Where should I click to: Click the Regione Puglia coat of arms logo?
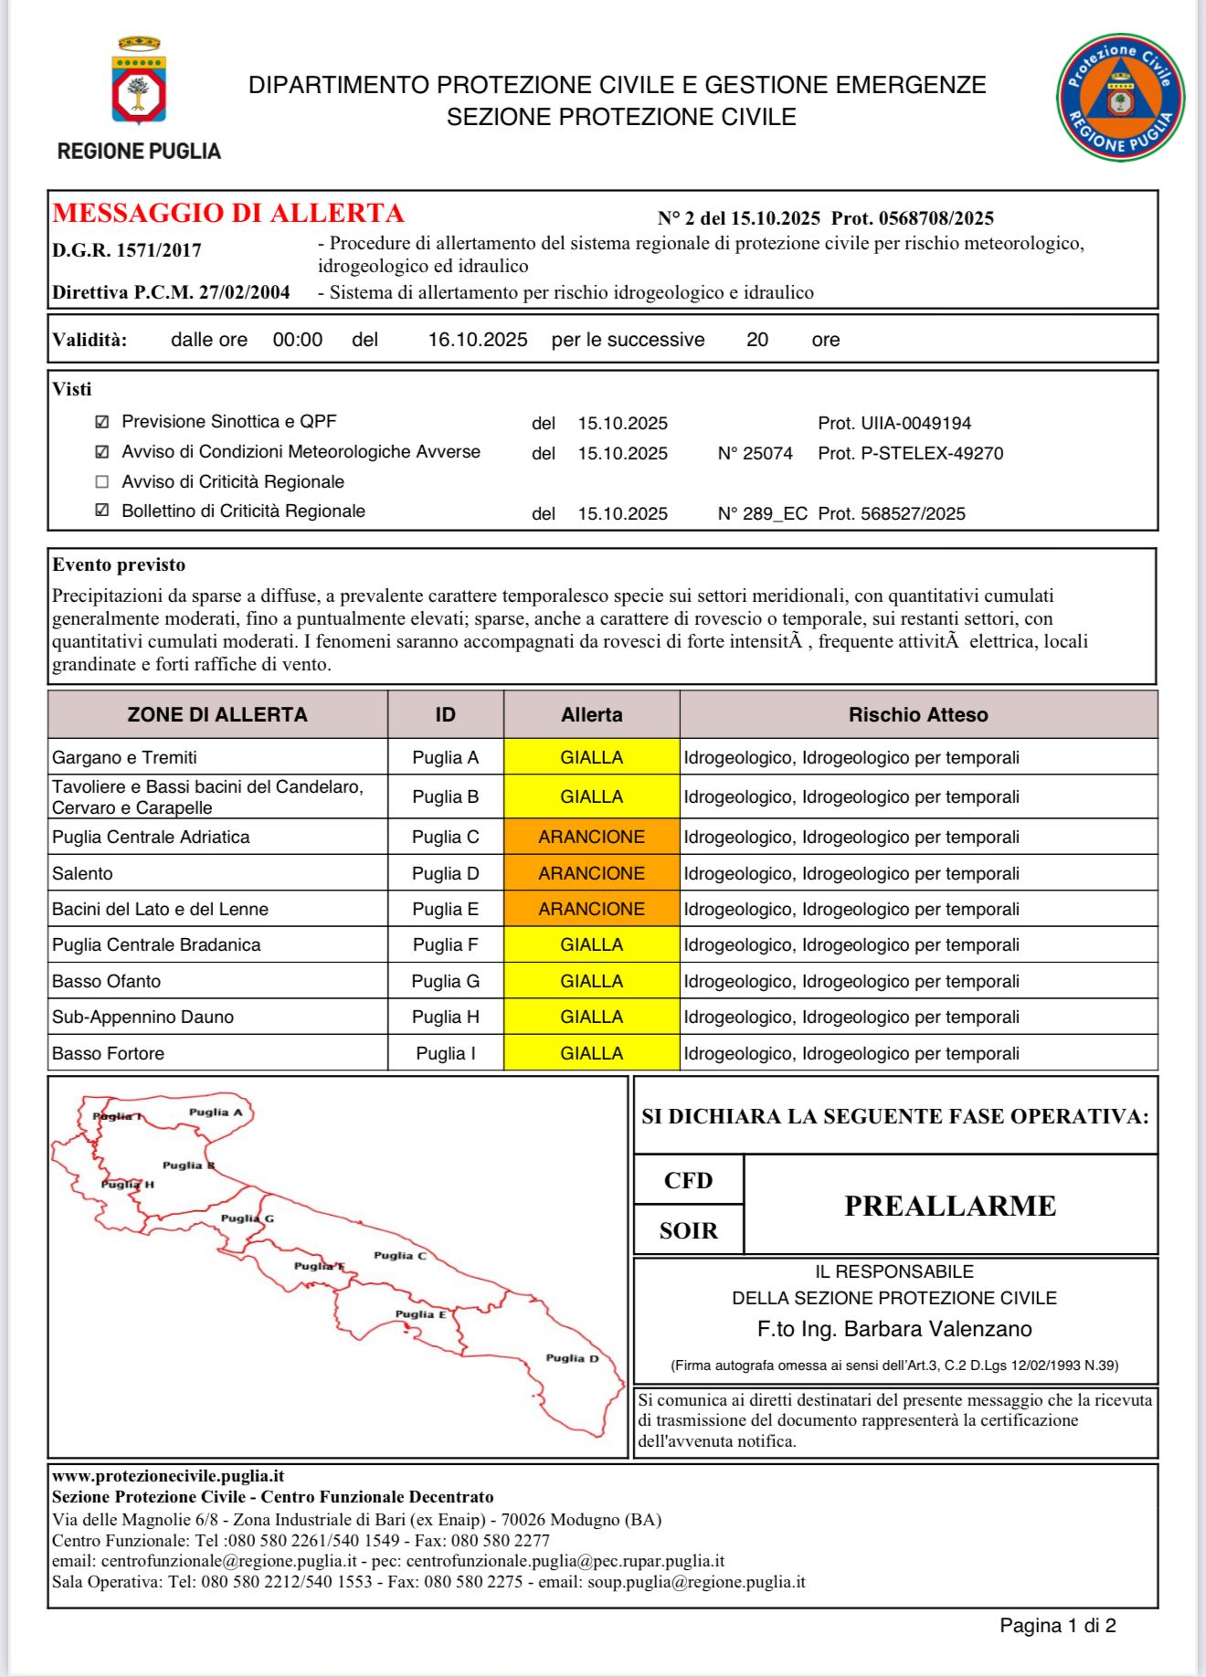click(139, 82)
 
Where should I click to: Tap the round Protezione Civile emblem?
click(1120, 97)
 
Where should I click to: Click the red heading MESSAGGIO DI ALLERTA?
click(228, 213)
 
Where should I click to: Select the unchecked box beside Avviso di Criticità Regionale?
click(102, 481)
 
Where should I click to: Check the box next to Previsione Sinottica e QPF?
click(102, 422)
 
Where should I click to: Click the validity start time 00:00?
click(298, 340)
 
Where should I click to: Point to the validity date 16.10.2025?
click(478, 340)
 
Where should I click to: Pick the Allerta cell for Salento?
click(591, 873)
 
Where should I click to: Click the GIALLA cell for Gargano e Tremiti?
click(591, 757)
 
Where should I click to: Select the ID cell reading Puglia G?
click(445, 981)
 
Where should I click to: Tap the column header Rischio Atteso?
click(918, 714)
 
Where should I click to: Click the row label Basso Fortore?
click(109, 1053)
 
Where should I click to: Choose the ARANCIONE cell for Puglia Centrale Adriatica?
click(591, 837)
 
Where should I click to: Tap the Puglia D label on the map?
click(572, 1358)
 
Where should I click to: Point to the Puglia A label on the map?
click(216, 1113)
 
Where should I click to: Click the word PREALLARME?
click(950, 1206)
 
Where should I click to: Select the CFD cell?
click(689, 1180)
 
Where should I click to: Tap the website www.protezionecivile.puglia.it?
click(168, 1476)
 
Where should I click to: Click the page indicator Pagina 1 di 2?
click(1057, 1625)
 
